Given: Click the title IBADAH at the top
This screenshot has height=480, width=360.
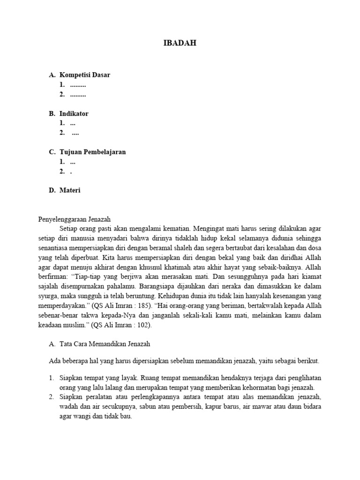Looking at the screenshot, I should [180, 43].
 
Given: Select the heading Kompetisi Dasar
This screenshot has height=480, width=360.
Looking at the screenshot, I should [84, 75].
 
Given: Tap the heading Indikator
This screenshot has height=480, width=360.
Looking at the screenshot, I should [74, 113].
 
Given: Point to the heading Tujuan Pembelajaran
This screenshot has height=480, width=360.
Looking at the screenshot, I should [92, 152].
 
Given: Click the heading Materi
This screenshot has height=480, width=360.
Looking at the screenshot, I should [70, 190].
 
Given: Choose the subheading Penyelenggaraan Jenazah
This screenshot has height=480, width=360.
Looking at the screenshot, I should [74, 219].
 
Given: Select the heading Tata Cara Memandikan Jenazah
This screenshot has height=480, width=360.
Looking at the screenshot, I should [105, 344].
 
